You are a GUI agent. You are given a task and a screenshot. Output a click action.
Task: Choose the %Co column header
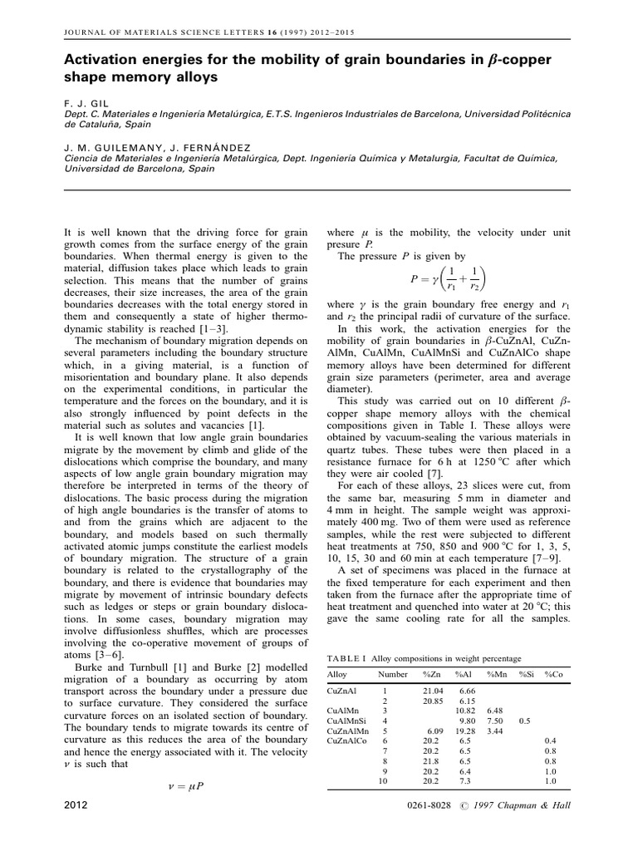(553, 674)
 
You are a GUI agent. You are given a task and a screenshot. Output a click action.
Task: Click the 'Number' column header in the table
(393, 674)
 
